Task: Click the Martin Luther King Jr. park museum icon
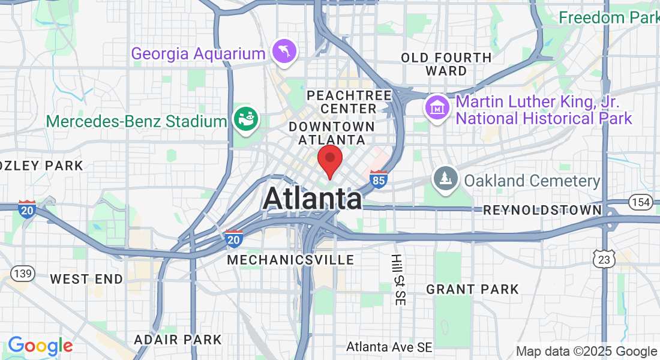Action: point(437,109)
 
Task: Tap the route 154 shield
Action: point(641,202)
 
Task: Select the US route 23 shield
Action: point(604,259)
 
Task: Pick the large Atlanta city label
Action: point(312,199)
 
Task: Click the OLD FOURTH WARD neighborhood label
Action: point(446,64)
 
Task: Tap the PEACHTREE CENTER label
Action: point(349,102)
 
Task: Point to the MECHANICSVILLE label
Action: point(290,260)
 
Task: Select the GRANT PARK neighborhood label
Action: point(472,290)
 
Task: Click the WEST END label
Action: point(86,279)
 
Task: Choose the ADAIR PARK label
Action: point(178,340)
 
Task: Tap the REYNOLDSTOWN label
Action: point(542,210)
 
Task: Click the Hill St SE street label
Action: point(397,280)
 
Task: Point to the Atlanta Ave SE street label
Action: point(389,347)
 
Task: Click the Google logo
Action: point(40,346)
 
